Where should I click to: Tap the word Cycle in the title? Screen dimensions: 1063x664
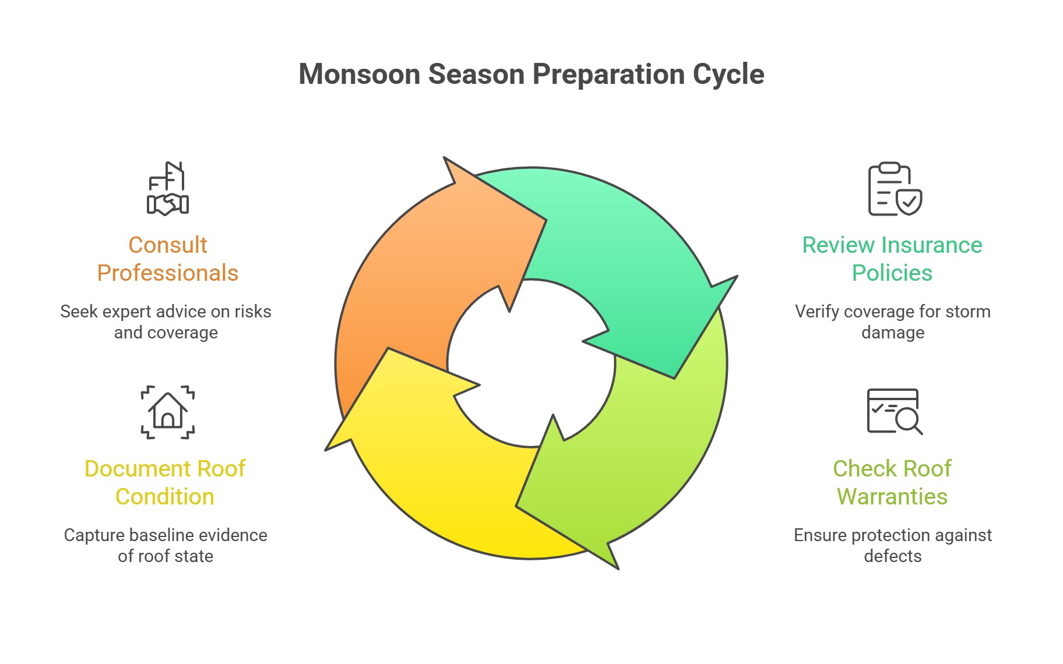(x=728, y=75)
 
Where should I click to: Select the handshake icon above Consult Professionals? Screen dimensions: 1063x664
(x=168, y=189)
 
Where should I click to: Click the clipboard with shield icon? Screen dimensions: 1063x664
(x=895, y=189)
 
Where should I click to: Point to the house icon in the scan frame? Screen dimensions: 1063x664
(x=168, y=412)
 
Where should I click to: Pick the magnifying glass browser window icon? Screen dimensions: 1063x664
(x=895, y=412)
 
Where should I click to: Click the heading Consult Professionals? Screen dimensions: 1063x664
(x=168, y=259)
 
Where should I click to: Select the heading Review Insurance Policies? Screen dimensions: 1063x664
(x=892, y=259)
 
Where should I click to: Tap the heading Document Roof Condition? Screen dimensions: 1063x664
(x=165, y=483)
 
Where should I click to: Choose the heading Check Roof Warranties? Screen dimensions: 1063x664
(x=892, y=483)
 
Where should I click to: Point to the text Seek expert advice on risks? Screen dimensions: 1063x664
(x=166, y=312)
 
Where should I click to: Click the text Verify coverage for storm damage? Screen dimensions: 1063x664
(x=893, y=322)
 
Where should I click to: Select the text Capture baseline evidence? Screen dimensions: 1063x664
(x=166, y=535)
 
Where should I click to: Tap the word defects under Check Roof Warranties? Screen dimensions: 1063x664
(x=893, y=556)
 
